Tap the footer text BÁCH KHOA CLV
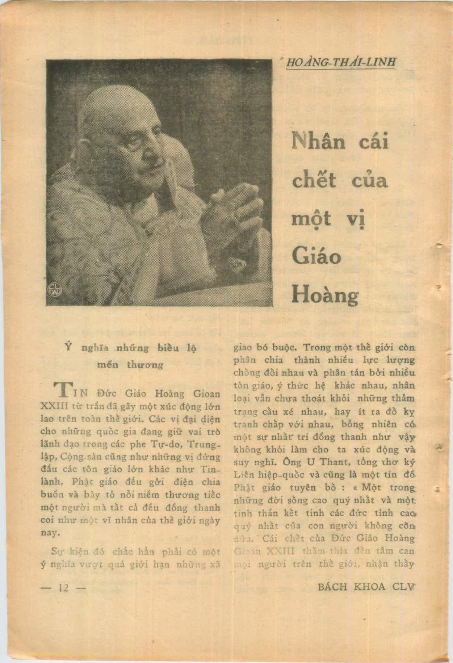coord(366,587)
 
